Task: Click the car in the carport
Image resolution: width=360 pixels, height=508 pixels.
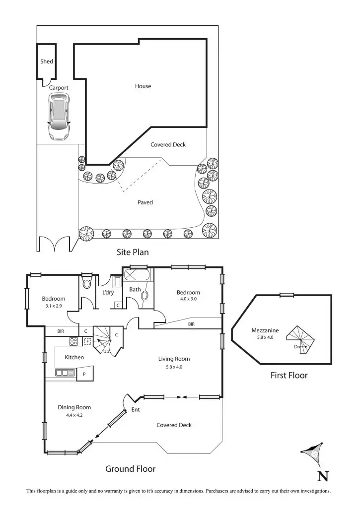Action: pos(59,117)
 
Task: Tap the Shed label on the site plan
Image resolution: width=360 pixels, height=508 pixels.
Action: pos(47,62)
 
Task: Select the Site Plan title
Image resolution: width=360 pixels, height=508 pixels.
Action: pos(133,252)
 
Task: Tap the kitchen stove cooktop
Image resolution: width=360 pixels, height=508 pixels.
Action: pos(73,341)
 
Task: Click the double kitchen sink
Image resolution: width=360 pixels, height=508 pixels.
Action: pos(65,373)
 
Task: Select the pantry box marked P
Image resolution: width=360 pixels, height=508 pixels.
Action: pos(84,374)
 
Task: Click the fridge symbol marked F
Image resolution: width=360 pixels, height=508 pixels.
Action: pos(88,341)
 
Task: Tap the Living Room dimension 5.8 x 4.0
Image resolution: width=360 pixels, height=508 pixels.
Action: pos(174,367)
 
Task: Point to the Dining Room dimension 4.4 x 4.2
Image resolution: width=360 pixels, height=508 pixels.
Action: pos(74,415)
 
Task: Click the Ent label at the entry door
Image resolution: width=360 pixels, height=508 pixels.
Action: pos(136,410)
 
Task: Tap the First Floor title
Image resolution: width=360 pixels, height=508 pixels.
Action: pos(288,376)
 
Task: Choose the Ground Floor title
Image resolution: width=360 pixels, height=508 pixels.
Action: pos(131,469)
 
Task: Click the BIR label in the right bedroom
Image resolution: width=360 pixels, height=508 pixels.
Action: pos(191,324)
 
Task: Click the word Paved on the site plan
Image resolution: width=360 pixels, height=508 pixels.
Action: pos(145,202)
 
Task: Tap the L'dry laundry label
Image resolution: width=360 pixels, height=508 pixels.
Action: pos(108,293)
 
